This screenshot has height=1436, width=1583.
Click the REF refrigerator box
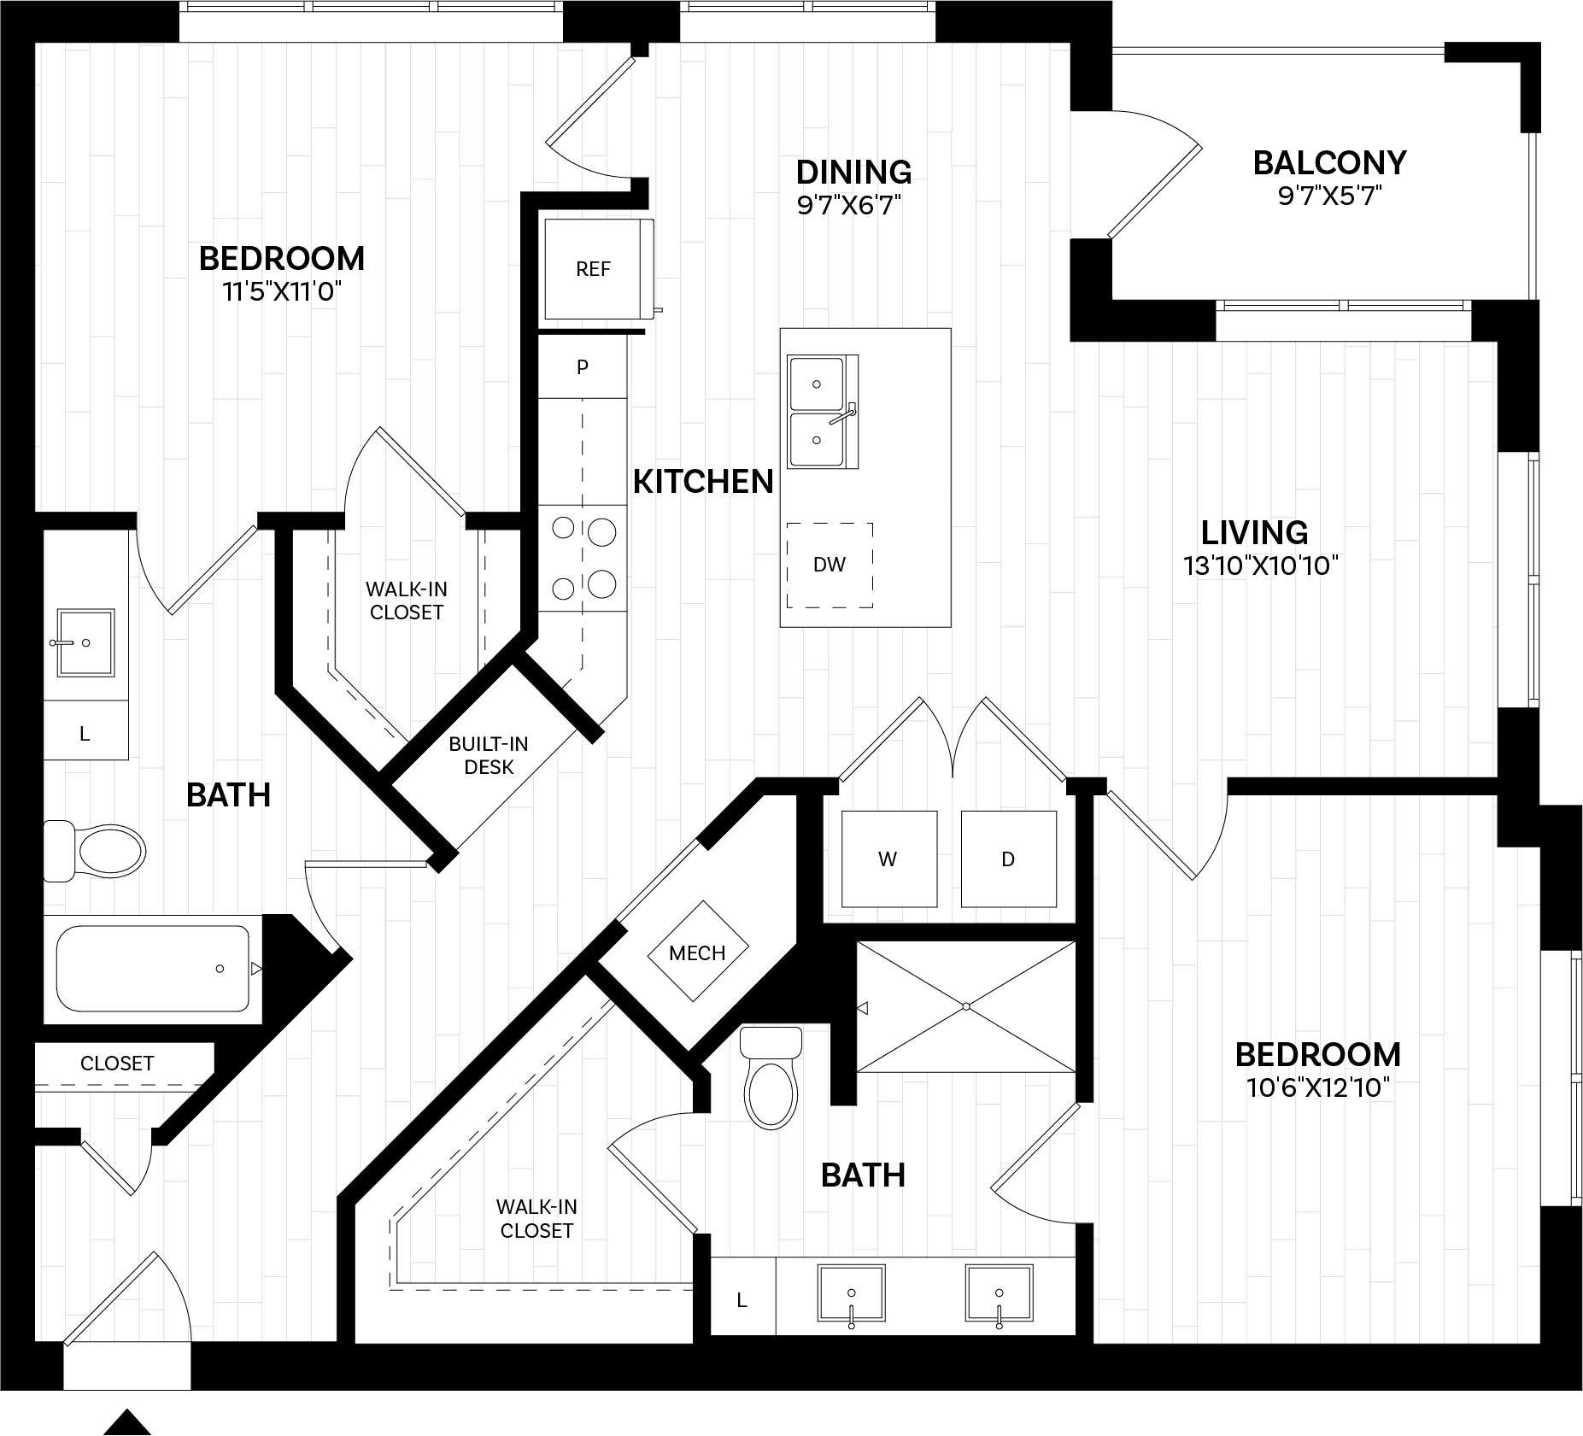click(593, 269)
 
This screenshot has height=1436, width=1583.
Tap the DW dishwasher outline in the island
click(830, 565)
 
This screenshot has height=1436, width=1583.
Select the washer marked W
click(888, 859)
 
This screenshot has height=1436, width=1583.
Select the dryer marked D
click(1008, 859)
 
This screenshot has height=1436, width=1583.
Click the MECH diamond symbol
click(697, 952)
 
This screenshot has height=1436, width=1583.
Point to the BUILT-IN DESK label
click(489, 755)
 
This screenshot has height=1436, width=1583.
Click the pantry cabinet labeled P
click(583, 367)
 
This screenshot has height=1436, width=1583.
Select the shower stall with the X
click(965, 1006)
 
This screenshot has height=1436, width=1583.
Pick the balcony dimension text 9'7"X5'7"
click(1329, 197)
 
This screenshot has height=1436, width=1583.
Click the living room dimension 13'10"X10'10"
click(1260, 566)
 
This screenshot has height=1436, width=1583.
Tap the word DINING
click(853, 172)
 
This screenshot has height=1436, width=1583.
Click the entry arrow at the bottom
click(127, 1421)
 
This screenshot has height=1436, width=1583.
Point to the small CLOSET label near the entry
click(117, 1063)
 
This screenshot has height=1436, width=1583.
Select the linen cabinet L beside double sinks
click(742, 1300)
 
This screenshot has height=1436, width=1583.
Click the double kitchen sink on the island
click(821, 412)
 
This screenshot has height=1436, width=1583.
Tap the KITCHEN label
click(703, 482)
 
